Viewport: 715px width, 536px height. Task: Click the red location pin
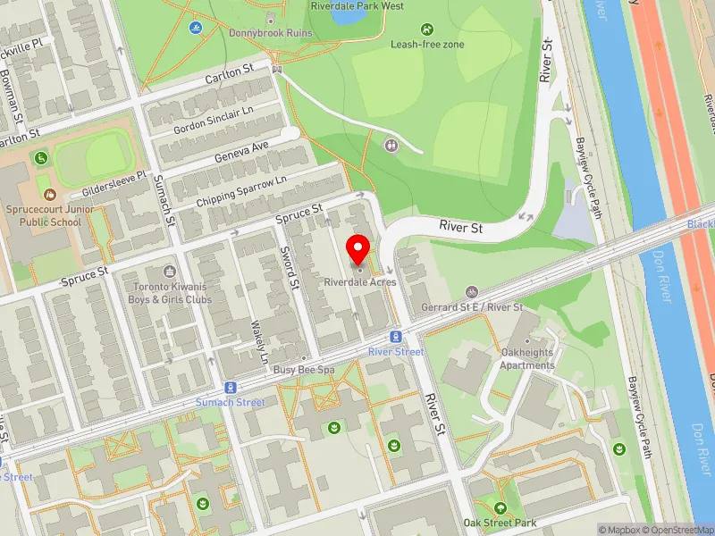[x=359, y=250]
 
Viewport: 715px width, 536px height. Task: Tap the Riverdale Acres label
[x=359, y=282]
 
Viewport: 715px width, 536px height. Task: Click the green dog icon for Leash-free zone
[x=425, y=29]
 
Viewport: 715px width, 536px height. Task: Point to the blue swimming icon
[x=195, y=28]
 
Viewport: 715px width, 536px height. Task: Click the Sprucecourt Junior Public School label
[x=52, y=215]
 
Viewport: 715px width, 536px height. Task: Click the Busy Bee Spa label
[x=303, y=369]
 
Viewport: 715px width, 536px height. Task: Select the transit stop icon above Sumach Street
[x=231, y=388]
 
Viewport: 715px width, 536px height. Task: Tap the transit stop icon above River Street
[x=395, y=337]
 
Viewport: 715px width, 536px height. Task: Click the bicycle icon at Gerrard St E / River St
[x=472, y=292]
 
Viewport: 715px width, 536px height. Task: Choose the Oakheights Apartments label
[x=527, y=359]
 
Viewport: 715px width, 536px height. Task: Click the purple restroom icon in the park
[x=391, y=145]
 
